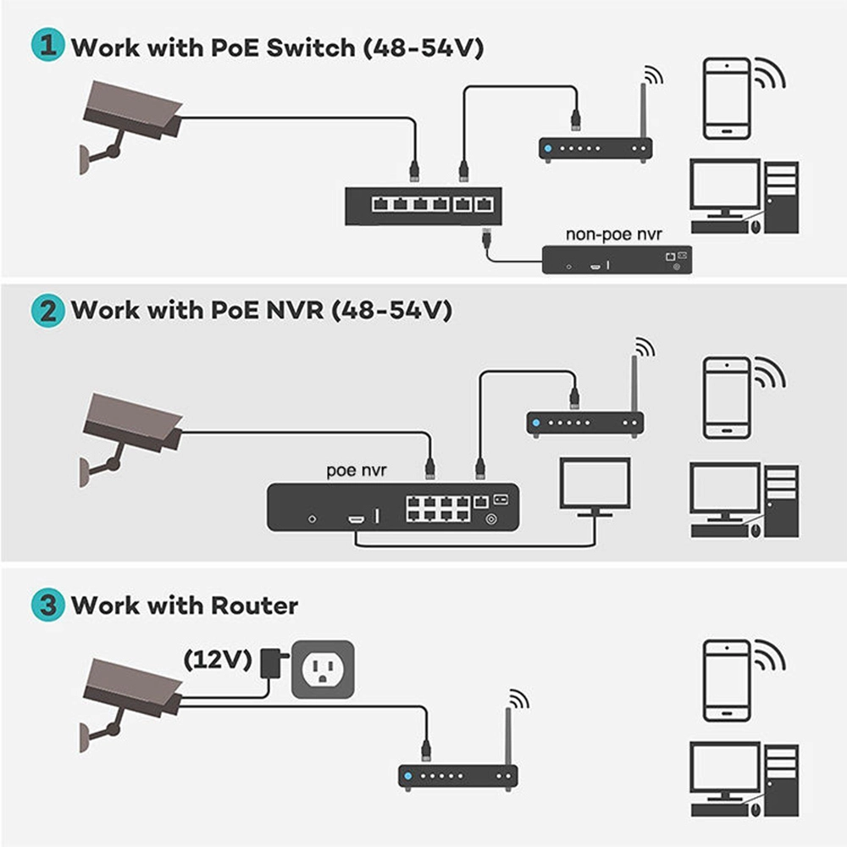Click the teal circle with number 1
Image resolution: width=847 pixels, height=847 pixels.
(47, 46)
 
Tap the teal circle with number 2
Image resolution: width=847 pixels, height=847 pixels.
(47, 310)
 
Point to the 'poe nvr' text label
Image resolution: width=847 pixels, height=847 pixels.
(357, 470)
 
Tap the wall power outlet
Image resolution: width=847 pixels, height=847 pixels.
(322, 669)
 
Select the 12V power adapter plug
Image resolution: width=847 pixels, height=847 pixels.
(273, 662)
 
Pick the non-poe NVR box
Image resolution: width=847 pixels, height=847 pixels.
(617, 259)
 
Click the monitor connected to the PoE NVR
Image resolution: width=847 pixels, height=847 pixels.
(595, 485)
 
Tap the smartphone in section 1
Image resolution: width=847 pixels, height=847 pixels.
(727, 98)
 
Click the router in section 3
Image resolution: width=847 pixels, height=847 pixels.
(457, 776)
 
